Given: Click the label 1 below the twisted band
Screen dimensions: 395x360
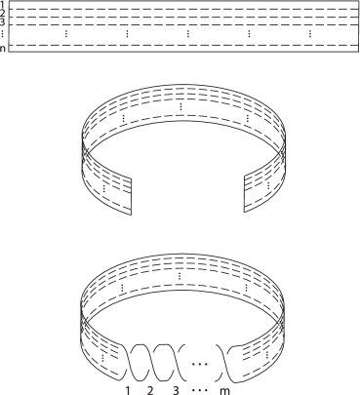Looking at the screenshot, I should coord(128,389).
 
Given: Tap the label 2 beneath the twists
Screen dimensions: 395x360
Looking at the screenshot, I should coord(150,389).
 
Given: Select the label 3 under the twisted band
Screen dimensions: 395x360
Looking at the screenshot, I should coord(173,389).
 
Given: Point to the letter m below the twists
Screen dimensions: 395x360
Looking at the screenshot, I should coord(225,389).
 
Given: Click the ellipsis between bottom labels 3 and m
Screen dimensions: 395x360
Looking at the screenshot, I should coord(198,389).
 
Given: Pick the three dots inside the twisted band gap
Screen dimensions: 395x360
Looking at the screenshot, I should coord(198,363).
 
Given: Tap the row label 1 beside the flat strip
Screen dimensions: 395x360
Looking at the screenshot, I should coord(4,5).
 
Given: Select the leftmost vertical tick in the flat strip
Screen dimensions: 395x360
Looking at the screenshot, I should coord(66,35).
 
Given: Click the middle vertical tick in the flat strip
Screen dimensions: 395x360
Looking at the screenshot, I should coord(187,35).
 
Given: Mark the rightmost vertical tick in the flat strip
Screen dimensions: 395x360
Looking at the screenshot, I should coord(310,35).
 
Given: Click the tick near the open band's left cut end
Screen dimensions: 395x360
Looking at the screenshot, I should coord(104,181).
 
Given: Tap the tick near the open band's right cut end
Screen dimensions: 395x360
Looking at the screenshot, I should coord(257,181).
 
